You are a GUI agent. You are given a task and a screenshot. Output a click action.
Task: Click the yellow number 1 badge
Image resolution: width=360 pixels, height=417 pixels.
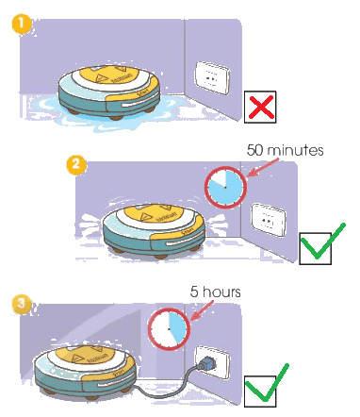tap(21, 25)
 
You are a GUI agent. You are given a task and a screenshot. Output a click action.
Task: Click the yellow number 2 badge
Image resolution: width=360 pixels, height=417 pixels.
tap(75, 165)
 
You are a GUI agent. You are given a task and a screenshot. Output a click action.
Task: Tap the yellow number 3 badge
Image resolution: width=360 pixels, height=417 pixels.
tap(21, 305)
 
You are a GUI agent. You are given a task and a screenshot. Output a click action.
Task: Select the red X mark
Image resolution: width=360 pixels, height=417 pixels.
tap(261, 107)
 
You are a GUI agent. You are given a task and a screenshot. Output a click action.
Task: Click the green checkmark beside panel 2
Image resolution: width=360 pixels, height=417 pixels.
tap(322, 242)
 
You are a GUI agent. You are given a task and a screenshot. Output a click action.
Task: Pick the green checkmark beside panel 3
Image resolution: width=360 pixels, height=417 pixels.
tap(267, 383)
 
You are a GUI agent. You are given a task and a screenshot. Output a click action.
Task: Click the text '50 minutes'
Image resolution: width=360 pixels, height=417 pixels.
tap(285, 150)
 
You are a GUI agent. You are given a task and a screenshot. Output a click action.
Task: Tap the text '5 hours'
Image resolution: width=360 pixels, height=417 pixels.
tap(216, 292)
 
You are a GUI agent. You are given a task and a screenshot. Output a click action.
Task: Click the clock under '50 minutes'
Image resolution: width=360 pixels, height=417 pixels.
tap(225, 188)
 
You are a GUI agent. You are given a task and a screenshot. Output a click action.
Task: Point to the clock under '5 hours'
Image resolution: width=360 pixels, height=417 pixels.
tap(170, 329)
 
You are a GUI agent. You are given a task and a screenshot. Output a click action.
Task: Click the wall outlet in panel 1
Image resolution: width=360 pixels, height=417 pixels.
tap(213, 77)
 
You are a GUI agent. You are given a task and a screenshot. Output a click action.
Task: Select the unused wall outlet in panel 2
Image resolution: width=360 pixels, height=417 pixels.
tap(269, 220)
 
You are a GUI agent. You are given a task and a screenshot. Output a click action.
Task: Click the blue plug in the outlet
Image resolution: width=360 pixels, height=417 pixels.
tap(205, 363)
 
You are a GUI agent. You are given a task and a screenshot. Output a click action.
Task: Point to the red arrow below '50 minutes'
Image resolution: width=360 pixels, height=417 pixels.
tap(262, 168)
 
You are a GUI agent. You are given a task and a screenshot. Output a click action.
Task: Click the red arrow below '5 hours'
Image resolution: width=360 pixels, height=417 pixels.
tap(202, 310)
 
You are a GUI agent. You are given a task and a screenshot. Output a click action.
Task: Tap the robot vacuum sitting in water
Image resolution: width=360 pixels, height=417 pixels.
tap(109, 92)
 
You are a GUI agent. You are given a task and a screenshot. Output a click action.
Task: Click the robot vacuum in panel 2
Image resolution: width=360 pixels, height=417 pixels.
tap(155, 231)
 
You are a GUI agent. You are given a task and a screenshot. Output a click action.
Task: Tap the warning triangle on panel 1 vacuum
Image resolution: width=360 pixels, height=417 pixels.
tap(101, 78)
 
